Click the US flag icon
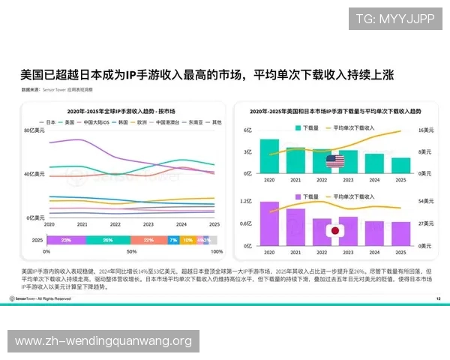tap(335, 160)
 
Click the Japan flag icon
tap(335, 230)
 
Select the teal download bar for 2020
tap(270, 155)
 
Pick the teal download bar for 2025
tap(400, 164)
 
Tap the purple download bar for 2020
tap(270, 223)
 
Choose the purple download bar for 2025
tap(400, 233)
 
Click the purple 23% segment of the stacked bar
tap(66, 240)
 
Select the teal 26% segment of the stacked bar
tap(108, 240)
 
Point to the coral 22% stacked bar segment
tap(148, 240)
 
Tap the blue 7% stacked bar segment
tap(173, 240)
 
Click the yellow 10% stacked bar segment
tap(187, 240)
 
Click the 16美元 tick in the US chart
tap(425, 130)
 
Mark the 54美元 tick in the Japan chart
tap(425, 202)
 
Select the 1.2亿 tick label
tap(244, 202)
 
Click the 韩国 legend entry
tap(115, 121)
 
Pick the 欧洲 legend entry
tap(140, 121)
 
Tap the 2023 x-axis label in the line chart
tap(148, 225)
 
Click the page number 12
tap(438, 298)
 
